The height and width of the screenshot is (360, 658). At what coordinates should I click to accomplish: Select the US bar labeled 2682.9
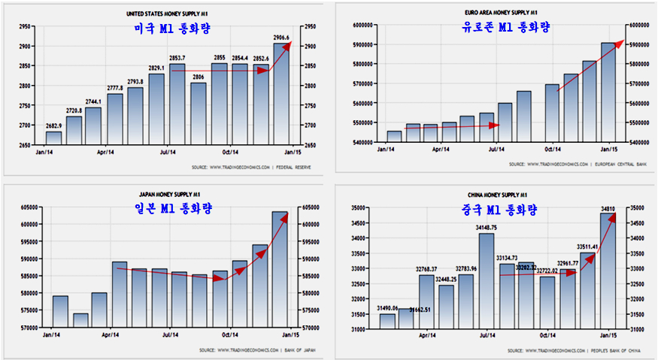(53, 138)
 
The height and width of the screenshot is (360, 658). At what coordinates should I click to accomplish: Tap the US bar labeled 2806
(199, 113)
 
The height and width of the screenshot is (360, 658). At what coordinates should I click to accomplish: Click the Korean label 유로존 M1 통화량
(505, 28)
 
